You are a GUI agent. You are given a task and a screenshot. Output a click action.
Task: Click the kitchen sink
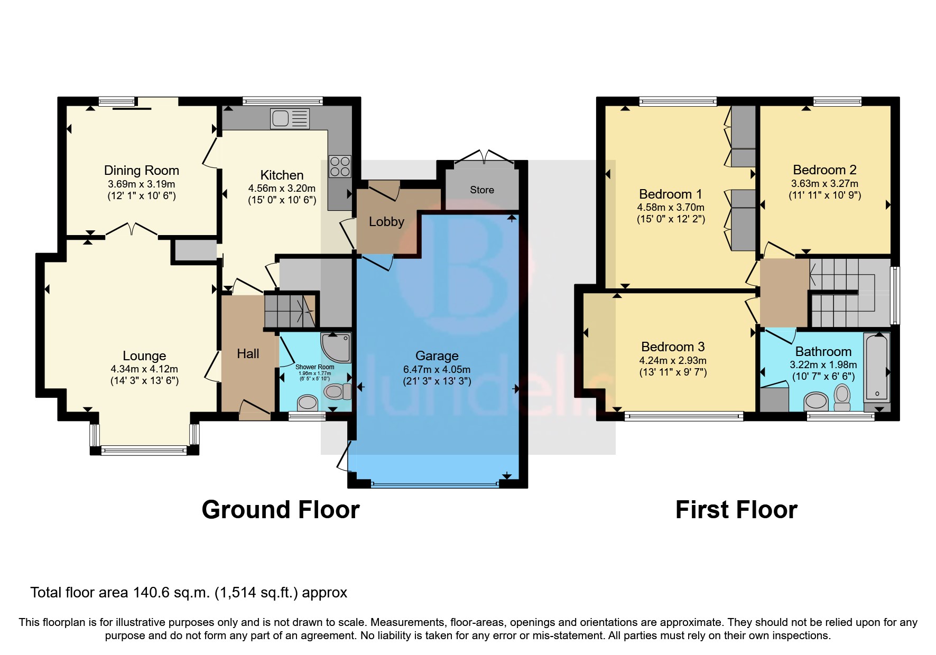pos(290,119)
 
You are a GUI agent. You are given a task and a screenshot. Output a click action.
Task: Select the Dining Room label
pos(141,170)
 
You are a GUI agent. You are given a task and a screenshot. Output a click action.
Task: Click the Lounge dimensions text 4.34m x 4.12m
pos(144,369)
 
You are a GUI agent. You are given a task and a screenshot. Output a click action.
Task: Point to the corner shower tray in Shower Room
pos(336,347)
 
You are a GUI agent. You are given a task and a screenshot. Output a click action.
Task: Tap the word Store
pos(482,190)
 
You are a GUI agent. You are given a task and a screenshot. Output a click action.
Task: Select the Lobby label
pos(386,222)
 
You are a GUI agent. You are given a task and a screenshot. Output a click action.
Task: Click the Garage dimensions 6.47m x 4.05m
pos(437,370)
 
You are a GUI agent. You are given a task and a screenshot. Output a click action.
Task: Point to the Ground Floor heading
pos(281,510)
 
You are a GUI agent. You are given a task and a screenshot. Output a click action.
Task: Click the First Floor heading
pos(736,510)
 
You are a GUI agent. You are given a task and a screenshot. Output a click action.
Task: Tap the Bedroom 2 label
pos(824,170)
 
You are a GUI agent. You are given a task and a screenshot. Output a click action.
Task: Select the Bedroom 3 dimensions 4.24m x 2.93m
pos(673,361)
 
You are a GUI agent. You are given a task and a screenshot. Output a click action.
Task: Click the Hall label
pos(248,354)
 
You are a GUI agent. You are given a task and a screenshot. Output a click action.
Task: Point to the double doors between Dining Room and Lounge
pos(131,230)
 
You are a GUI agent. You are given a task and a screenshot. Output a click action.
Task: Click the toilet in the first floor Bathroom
pos(842,396)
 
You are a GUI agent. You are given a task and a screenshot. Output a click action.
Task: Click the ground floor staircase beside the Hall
pos(290,311)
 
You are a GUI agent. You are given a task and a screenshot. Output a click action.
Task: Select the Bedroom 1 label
pos(670,194)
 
